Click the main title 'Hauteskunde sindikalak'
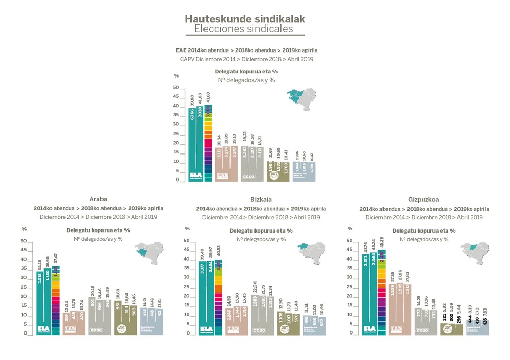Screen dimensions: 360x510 coord(245,19)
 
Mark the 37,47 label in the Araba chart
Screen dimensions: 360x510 coord(56,258)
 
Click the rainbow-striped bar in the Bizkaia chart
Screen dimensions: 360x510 coord(218,297)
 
